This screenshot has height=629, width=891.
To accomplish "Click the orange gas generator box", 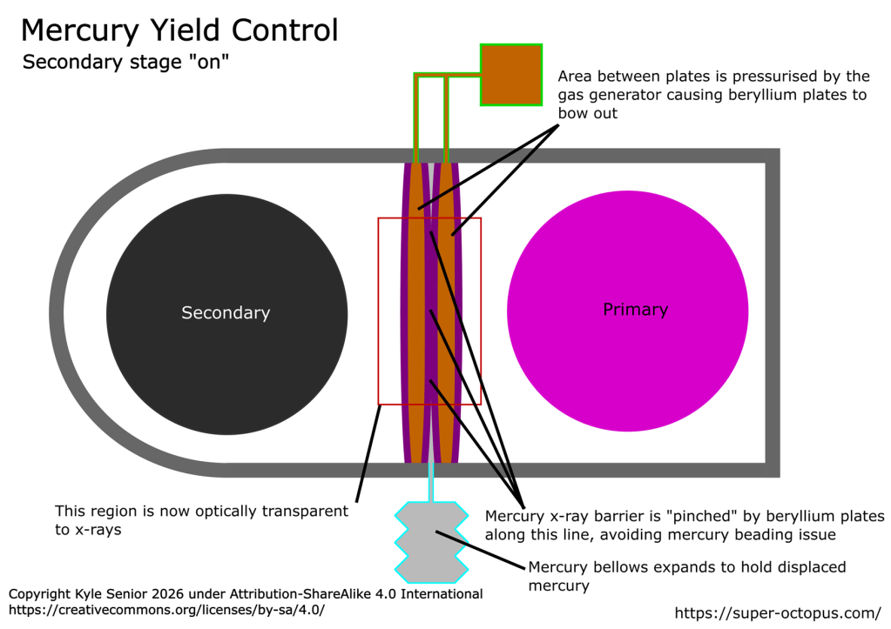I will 511,74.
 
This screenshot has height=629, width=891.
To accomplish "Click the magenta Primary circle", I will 627,365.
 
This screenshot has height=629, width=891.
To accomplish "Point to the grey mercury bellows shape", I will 431,543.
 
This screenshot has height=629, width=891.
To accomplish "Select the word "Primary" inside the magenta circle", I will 635,310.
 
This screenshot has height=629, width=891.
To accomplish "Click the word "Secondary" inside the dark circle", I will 226,313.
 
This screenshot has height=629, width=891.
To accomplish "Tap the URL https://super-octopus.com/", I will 779,613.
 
